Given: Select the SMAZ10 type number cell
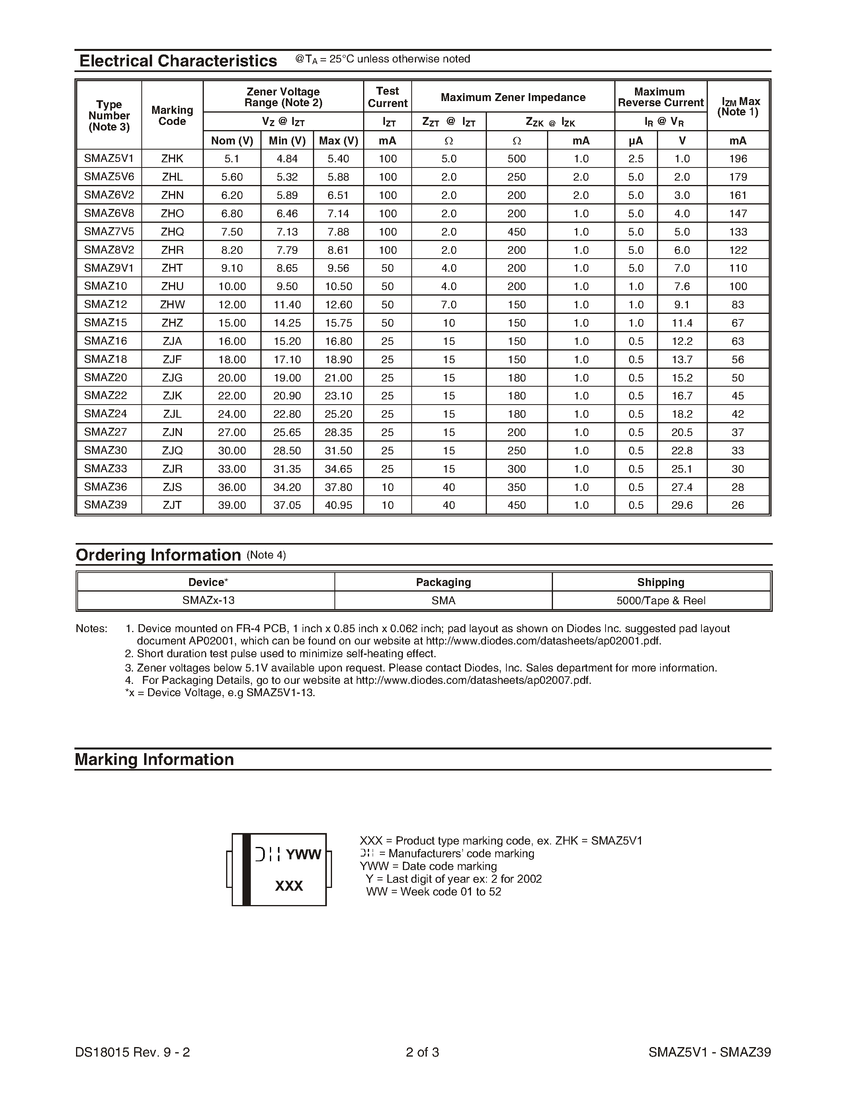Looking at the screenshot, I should (x=106, y=286).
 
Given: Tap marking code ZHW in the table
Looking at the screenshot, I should (x=172, y=305).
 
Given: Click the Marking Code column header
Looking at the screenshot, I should (x=172, y=116).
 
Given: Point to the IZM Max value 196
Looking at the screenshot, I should (x=738, y=159).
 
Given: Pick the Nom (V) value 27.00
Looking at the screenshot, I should (x=232, y=432).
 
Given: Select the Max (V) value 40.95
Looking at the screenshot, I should (x=338, y=505).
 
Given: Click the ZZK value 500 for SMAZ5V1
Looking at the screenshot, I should (x=516, y=159).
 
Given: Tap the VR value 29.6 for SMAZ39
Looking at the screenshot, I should (x=682, y=505).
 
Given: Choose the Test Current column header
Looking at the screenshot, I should (x=387, y=97).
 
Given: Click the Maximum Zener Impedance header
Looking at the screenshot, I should (x=513, y=97).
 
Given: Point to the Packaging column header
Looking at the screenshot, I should (x=443, y=582).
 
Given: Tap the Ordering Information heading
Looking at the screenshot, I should (x=158, y=555).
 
